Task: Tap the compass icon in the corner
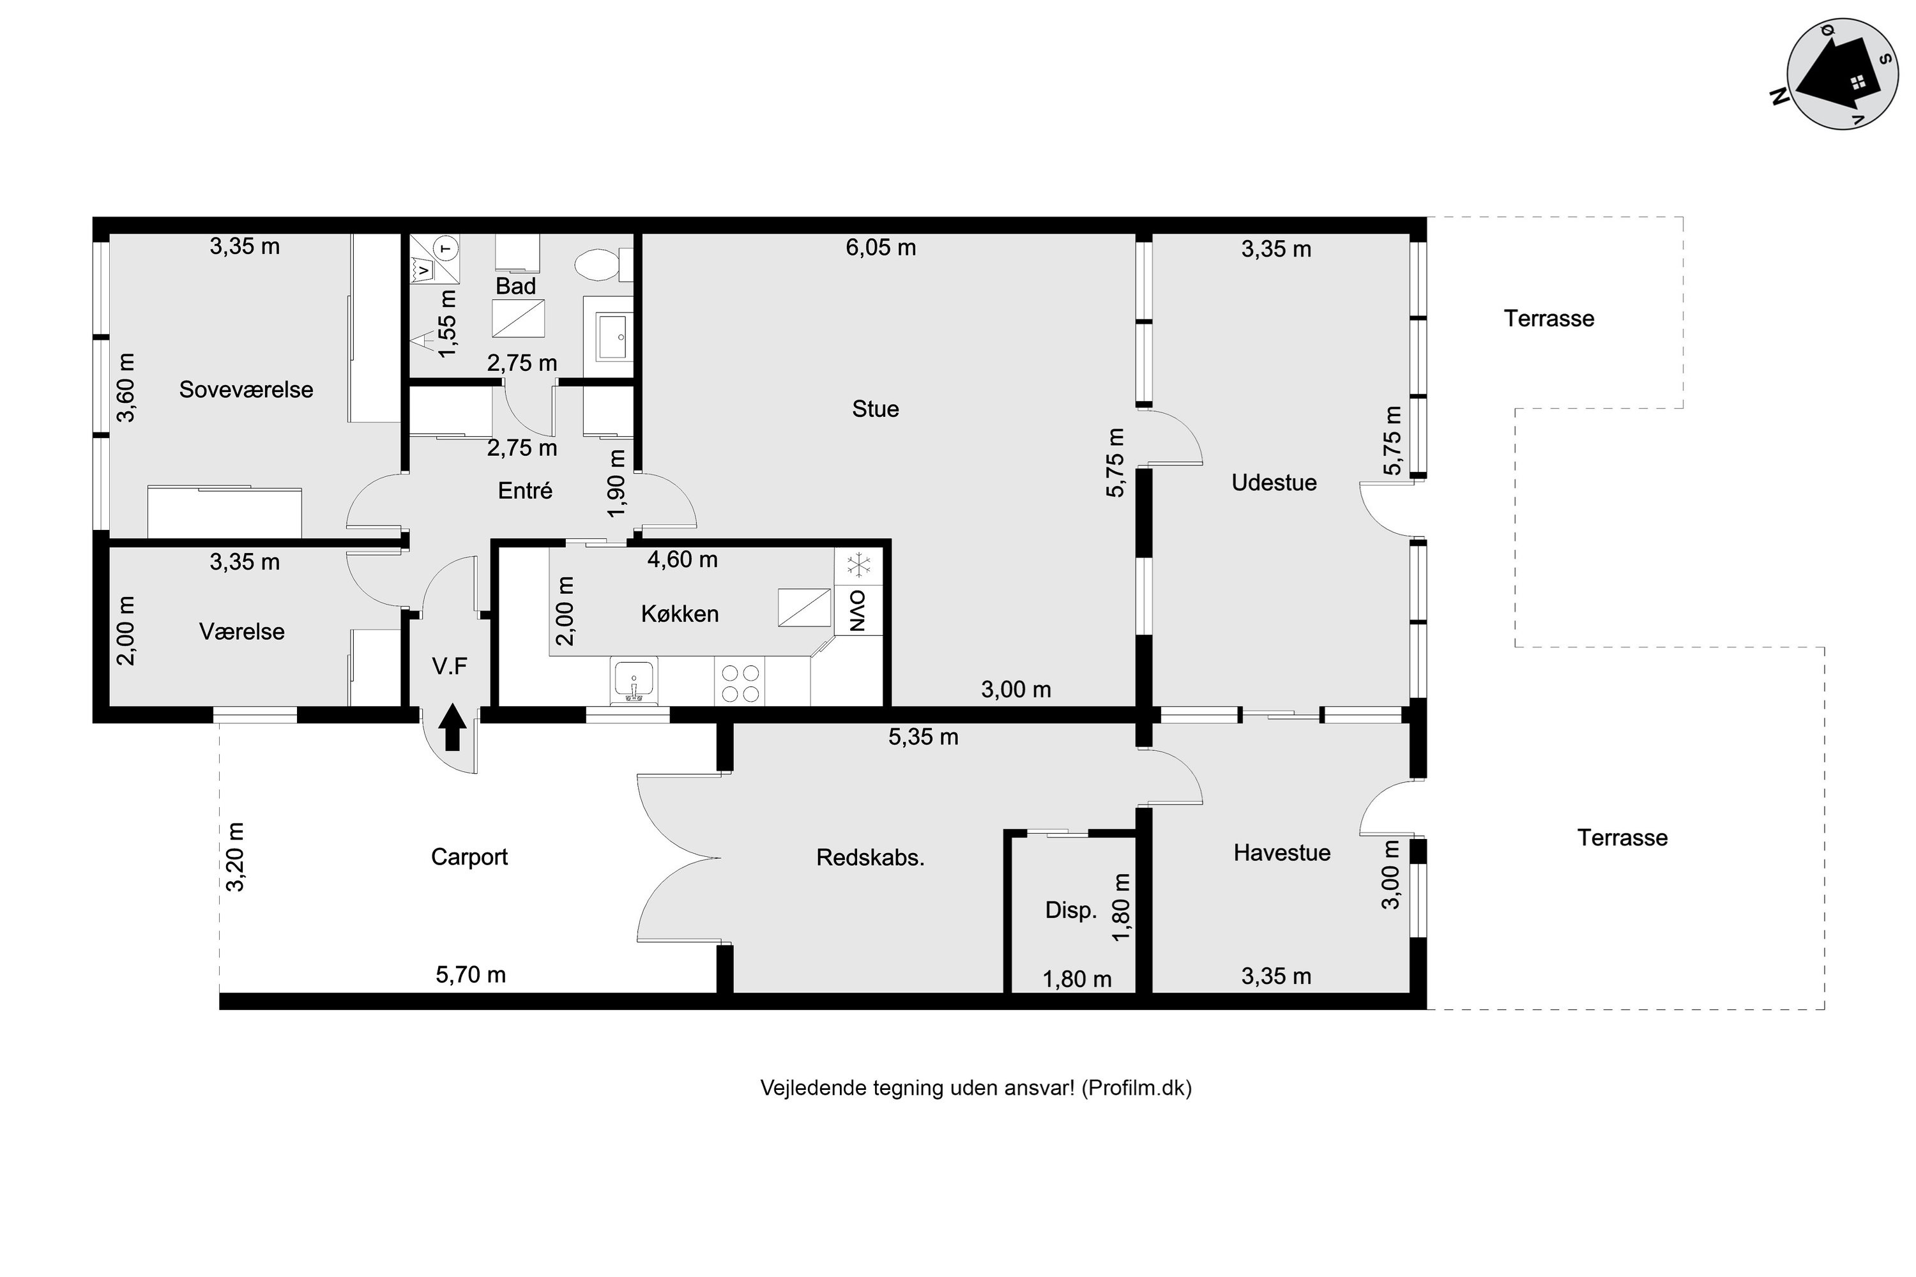[1843, 73]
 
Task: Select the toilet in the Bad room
[604, 264]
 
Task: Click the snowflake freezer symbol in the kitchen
[858, 564]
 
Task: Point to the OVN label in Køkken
[858, 611]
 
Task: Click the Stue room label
[876, 409]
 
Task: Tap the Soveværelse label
[246, 390]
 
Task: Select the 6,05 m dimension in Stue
[881, 248]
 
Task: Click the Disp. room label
[1071, 911]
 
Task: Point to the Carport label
[469, 858]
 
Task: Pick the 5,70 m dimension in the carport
[471, 975]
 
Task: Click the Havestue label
[1282, 852]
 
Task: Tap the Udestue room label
[1274, 483]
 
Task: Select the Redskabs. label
[871, 858]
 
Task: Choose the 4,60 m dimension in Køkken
[683, 559]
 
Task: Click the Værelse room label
[242, 632]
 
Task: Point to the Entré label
[526, 491]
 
